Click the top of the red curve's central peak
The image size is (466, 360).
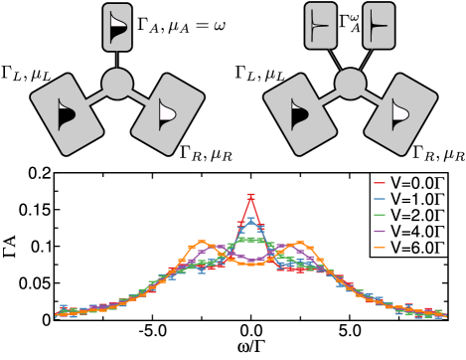250,196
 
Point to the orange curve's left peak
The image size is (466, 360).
202,243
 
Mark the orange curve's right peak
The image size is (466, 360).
300,243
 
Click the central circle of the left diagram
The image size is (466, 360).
117,84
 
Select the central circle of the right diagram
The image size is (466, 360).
350,84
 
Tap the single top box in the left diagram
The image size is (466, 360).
117,27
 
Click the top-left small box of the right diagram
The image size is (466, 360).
320,25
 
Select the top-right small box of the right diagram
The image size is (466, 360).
379,25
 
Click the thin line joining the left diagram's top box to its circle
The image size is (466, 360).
117,60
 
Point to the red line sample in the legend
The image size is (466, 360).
379,184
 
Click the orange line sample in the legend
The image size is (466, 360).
379,246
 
